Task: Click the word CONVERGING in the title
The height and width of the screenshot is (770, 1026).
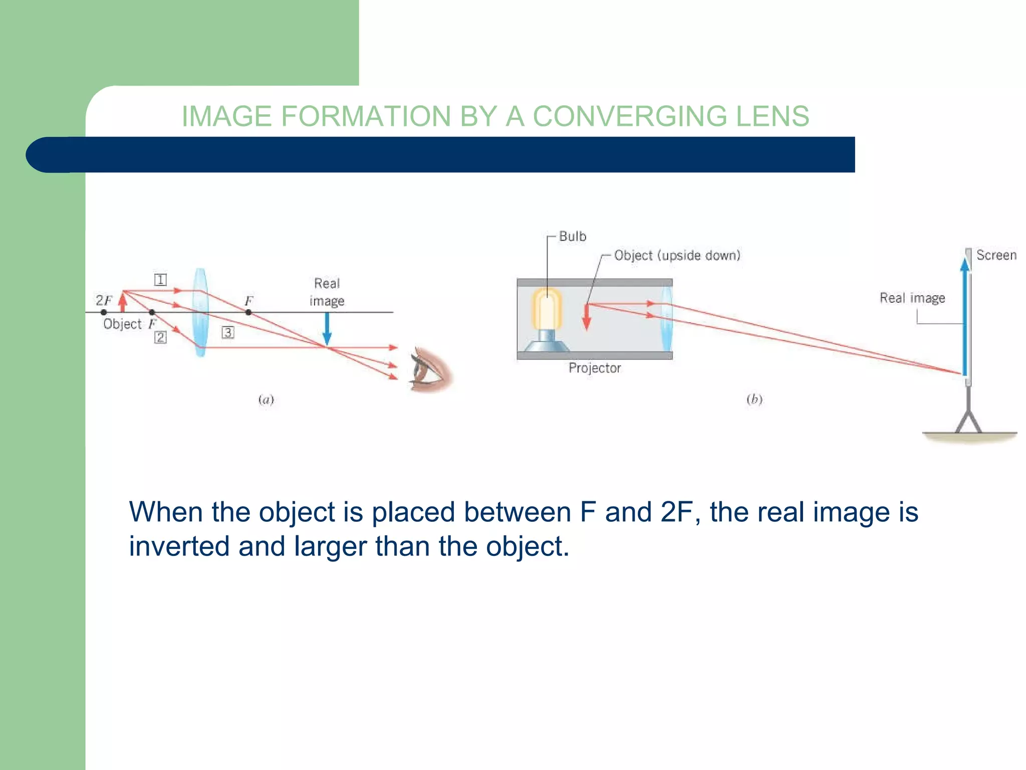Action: tap(629, 116)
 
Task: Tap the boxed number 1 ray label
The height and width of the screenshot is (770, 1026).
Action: tap(160, 280)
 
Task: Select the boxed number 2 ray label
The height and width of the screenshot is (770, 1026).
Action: tap(160, 337)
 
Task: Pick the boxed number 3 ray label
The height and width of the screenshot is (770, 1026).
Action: tap(228, 332)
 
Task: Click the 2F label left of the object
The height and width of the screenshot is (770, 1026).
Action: tap(104, 300)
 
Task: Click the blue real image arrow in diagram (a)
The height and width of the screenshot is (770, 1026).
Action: tap(327, 328)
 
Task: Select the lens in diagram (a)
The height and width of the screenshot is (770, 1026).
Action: tap(200, 312)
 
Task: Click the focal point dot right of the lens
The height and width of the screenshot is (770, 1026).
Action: tap(248, 312)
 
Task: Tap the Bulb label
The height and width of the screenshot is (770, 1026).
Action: tap(572, 236)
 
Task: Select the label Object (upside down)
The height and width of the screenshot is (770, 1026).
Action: tap(677, 255)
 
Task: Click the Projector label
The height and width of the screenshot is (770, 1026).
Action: tap(594, 368)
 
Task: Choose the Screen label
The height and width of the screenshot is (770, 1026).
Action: tap(996, 255)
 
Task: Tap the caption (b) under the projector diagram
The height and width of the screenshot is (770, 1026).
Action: tap(754, 399)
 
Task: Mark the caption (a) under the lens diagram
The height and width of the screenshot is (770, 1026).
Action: tap(266, 400)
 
